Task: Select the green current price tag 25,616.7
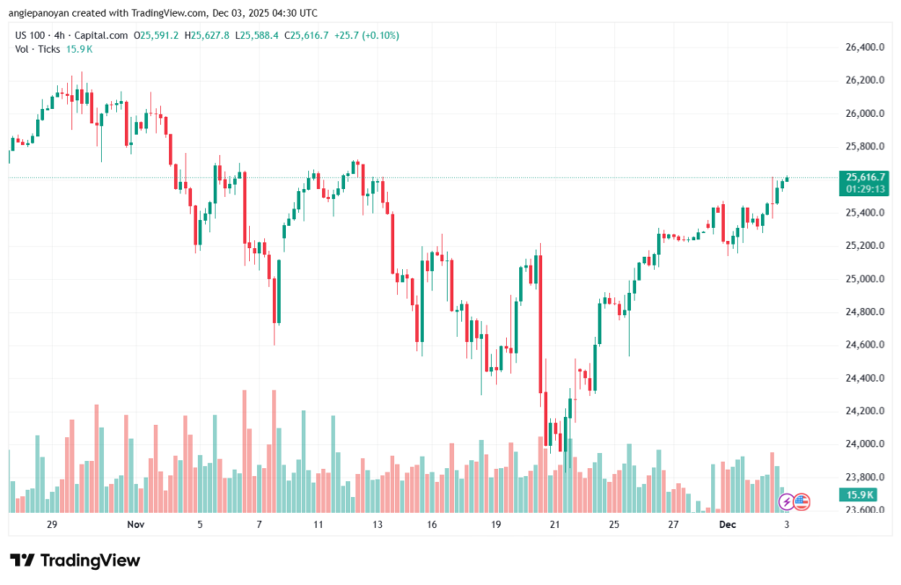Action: (x=866, y=177)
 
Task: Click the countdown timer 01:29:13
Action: (x=866, y=188)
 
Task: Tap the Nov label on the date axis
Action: (x=135, y=524)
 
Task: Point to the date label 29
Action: (x=52, y=524)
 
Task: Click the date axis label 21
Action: (x=554, y=524)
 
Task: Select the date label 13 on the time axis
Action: (x=377, y=524)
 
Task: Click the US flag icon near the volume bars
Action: (x=802, y=501)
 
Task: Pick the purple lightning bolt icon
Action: (x=787, y=501)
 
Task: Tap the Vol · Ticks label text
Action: (x=36, y=48)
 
